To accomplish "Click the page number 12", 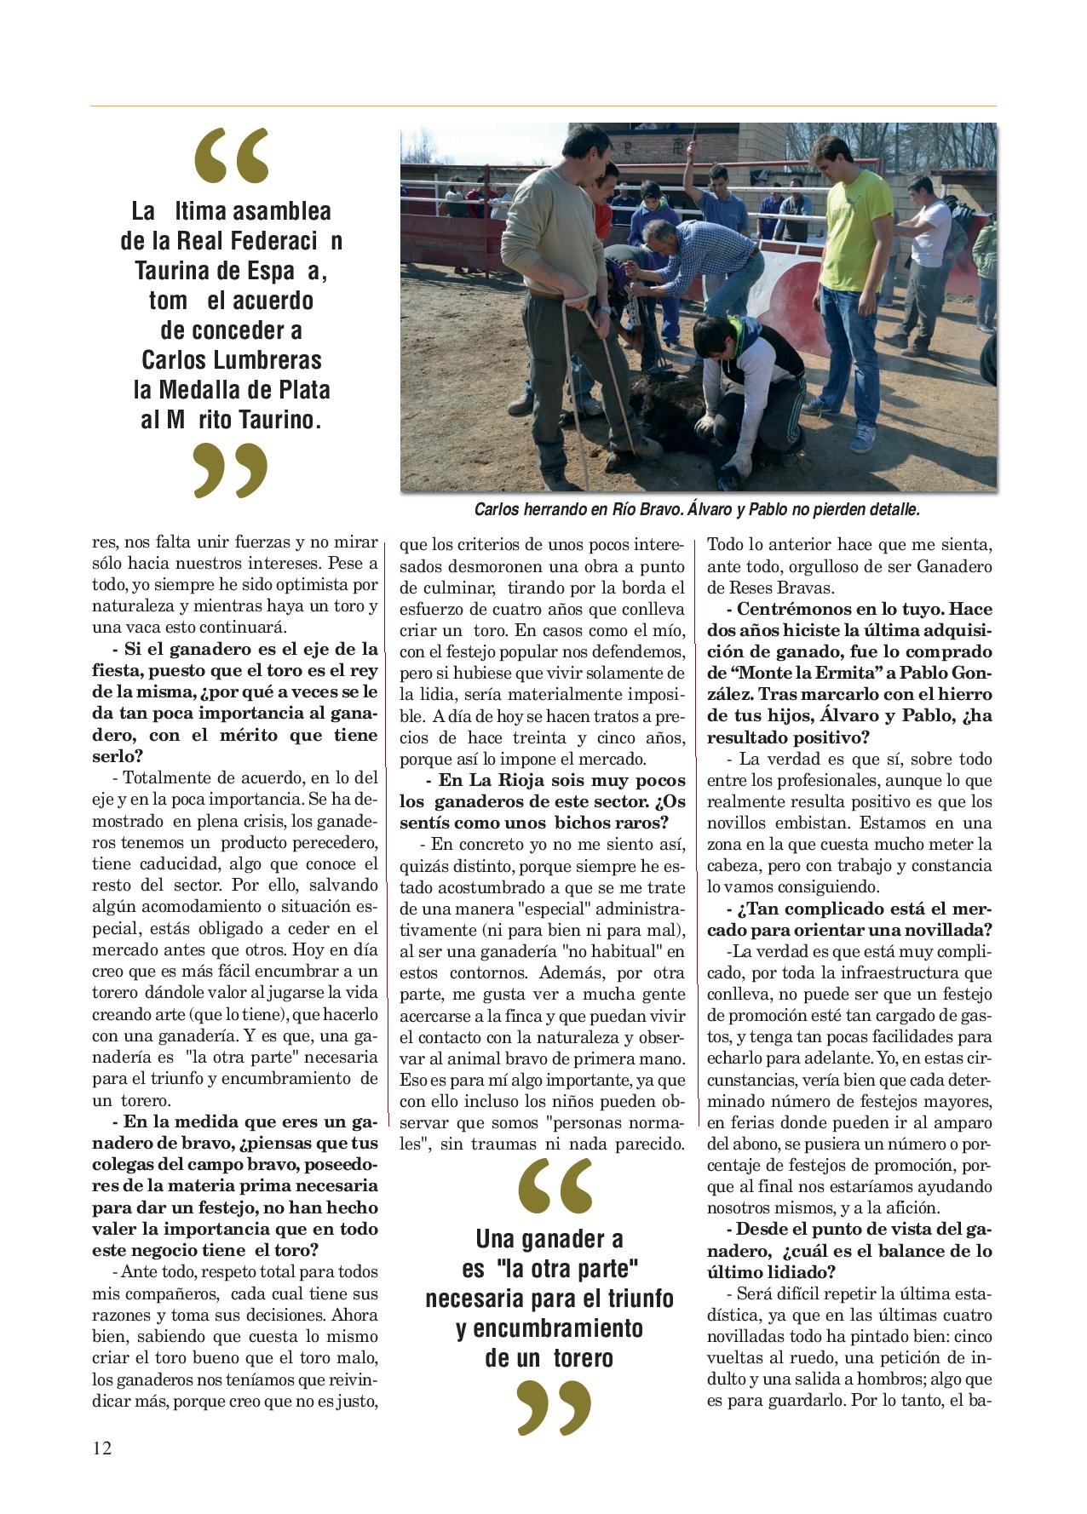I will click(x=101, y=1448).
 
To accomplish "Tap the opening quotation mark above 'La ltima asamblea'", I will click(x=231, y=157).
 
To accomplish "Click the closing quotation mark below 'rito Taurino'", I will click(x=230, y=469).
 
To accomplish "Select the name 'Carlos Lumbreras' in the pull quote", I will click(x=231, y=359).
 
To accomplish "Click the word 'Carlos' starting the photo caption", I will click(x=497, y=510).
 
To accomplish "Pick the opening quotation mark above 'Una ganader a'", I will click(x=555, y=1184).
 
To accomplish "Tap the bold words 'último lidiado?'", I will click(x=771, y=1272).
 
